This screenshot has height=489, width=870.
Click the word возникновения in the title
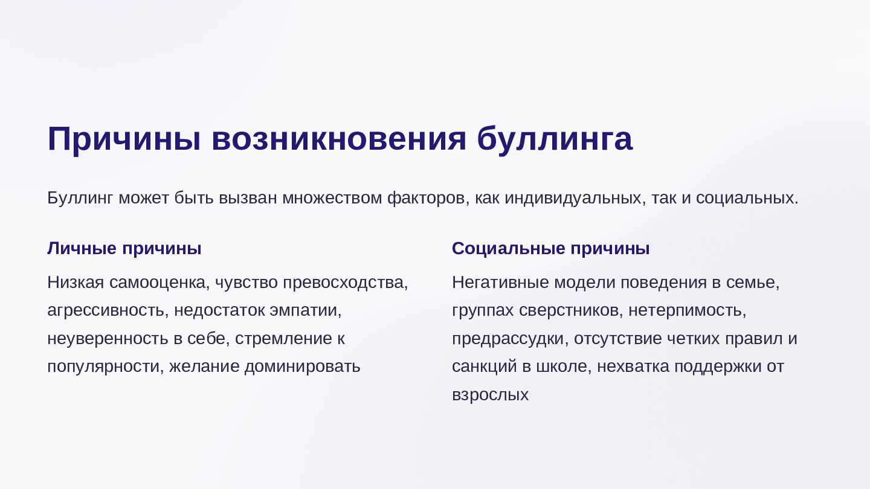(339, 139)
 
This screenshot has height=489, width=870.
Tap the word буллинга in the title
(555, 139)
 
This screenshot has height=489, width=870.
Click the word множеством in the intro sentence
(332, 198)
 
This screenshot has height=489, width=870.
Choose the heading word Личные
(82, 248)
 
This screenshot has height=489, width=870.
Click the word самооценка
(159, 283)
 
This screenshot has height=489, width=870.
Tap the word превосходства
(346, 283)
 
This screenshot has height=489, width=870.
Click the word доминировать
(302, 367)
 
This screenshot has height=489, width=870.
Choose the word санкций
(485, 367)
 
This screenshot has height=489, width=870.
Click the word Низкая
(76, 283)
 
